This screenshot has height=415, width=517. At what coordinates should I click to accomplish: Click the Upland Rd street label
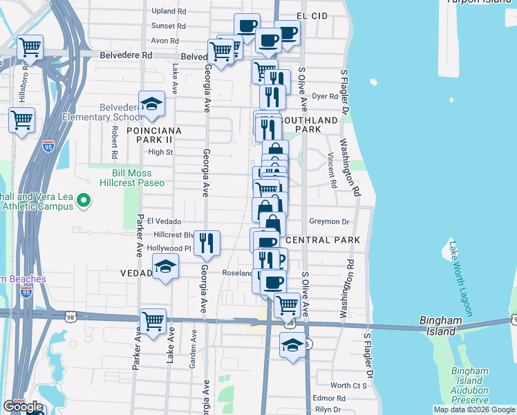pyautogui.click(x=169, y=11)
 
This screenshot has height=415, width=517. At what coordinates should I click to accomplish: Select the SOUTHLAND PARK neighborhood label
pyautogui.click(x=317, y=124)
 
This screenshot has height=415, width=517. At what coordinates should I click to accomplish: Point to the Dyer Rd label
pyautogui.click(x=324, y=97)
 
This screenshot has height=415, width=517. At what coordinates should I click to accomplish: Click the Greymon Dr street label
pyautogui.click(x=330, y=221)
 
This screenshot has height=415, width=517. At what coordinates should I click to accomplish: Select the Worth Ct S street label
pyautogui.click(x=348, y=385)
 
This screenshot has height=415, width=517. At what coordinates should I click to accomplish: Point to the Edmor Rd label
pyautogui.click(x=329, y=398)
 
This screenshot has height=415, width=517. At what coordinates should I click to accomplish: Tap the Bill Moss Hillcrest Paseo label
pyautogui.click(x=139, y=178)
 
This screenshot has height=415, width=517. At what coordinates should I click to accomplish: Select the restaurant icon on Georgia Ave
pyautogui.click(x=207, y=243)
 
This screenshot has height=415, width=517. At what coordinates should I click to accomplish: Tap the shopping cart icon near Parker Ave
pyautogui.click(x=153, y=320)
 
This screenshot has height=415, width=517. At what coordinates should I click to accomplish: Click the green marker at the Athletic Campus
pyautogui.click(x=84, y=201)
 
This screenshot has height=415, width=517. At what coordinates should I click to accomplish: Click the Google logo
pyautogui.click(x=23, y=407)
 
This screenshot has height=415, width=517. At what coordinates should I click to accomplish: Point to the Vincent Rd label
pyautogui.click(x=332, y=170)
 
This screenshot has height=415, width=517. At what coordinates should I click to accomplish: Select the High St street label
pyautogui.click(x=160, y=152)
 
